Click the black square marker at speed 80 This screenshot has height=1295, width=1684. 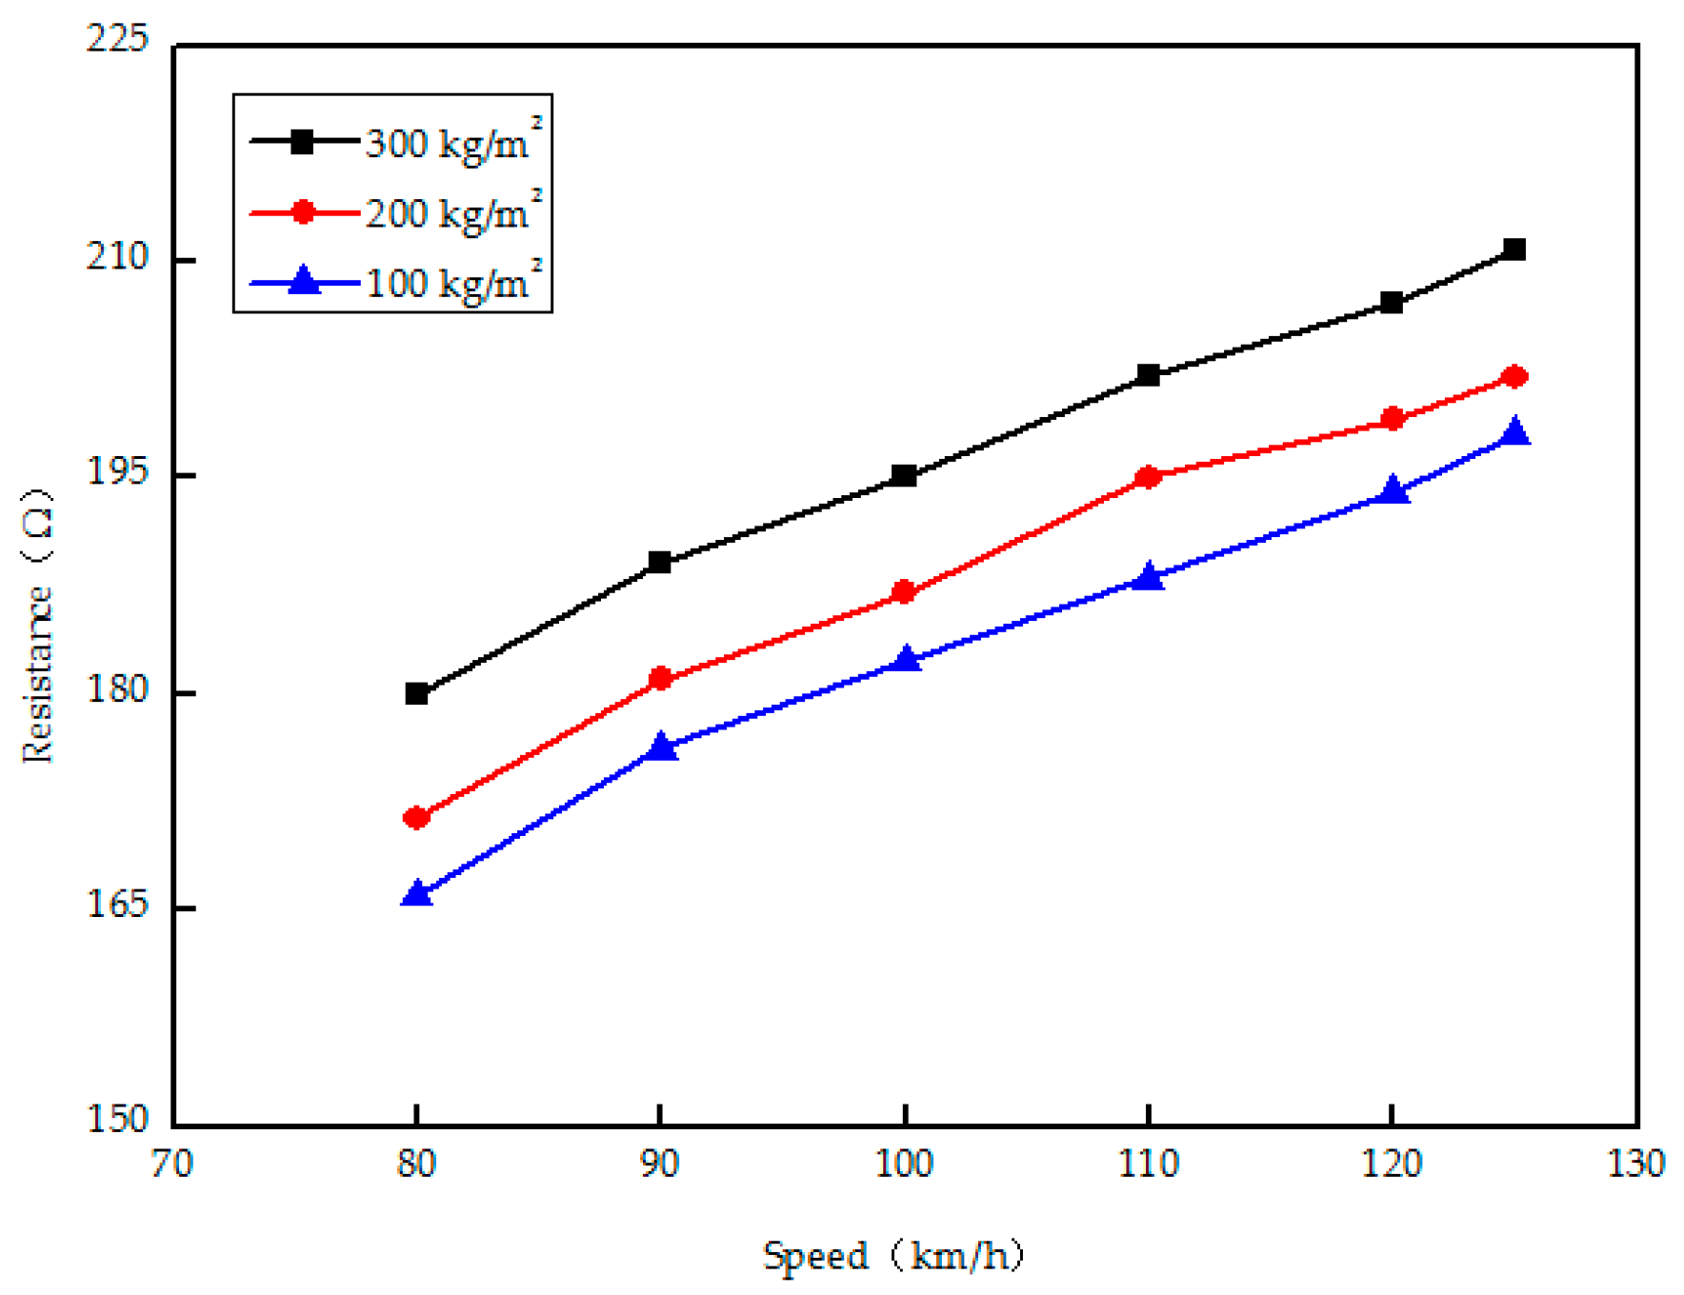pyautogui.click(x=416, y=693)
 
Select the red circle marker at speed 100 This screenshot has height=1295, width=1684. pyautogui.click(x=904, y=592)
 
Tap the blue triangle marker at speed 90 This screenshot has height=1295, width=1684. pyautogui.click(x=660, y=747)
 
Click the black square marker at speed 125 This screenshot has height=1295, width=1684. pyautogui.click(x=1514, y=249)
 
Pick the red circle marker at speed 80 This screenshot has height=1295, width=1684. pyautogui.click(x=416, y=817)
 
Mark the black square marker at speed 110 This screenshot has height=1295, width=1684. pyautogui.click(x=1149, y=375)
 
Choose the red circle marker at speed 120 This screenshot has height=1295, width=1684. pyautogui.click(x=1393, y=419)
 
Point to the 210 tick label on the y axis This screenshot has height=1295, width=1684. pyautogui.click(x=118, y=257)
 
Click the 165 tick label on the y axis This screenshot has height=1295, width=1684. pyautogui.click(x=118, y=905)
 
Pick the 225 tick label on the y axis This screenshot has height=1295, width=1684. pyautogui.click(x=118, y=40)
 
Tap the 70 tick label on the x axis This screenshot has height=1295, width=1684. pyautogui.click(x=172, y=1164)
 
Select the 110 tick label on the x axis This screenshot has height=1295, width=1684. pyautogui.click(x=1149, y=1164)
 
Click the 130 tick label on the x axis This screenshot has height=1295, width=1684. pyautogui.click(x=1635, y=1164)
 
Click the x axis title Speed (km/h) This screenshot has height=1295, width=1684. pyautogui.click(x=893, y=1256)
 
